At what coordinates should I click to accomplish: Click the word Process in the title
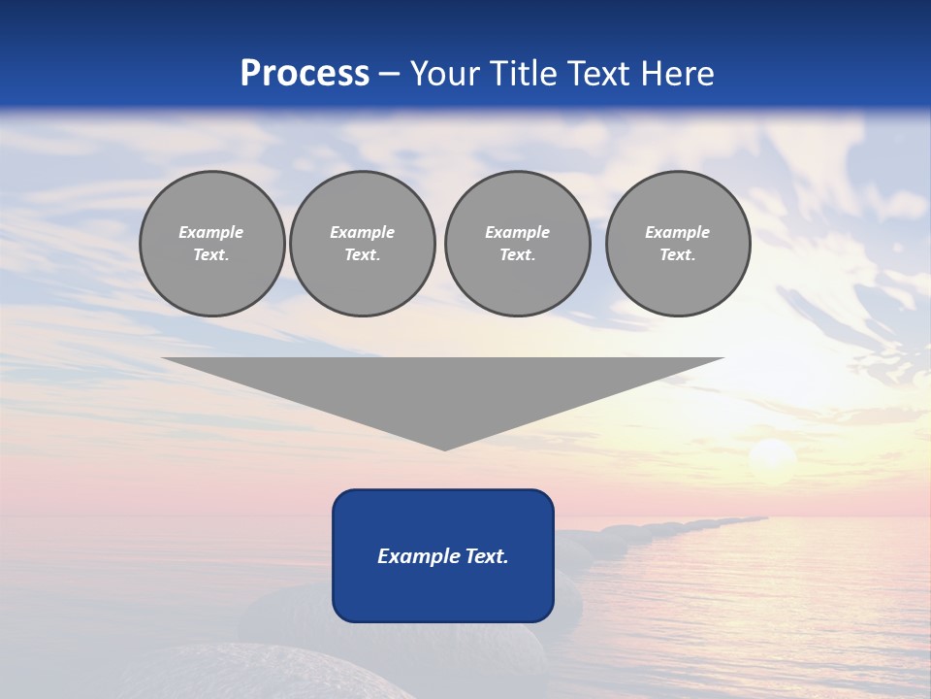(305, 74)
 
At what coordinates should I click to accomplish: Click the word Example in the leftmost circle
(211, 232)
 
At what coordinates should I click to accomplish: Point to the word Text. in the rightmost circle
(678, 255)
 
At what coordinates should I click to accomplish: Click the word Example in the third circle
(517, 232)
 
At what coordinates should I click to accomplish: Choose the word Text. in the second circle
(363, 255)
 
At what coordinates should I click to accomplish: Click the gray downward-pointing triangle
(443, 388)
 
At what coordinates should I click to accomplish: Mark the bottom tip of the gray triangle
(444, 449)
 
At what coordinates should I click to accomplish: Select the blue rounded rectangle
(443, 592)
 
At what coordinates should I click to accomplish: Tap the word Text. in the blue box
(488, 556)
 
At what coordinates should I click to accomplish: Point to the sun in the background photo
(773, 456)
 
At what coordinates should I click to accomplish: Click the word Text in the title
(599, 74)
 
